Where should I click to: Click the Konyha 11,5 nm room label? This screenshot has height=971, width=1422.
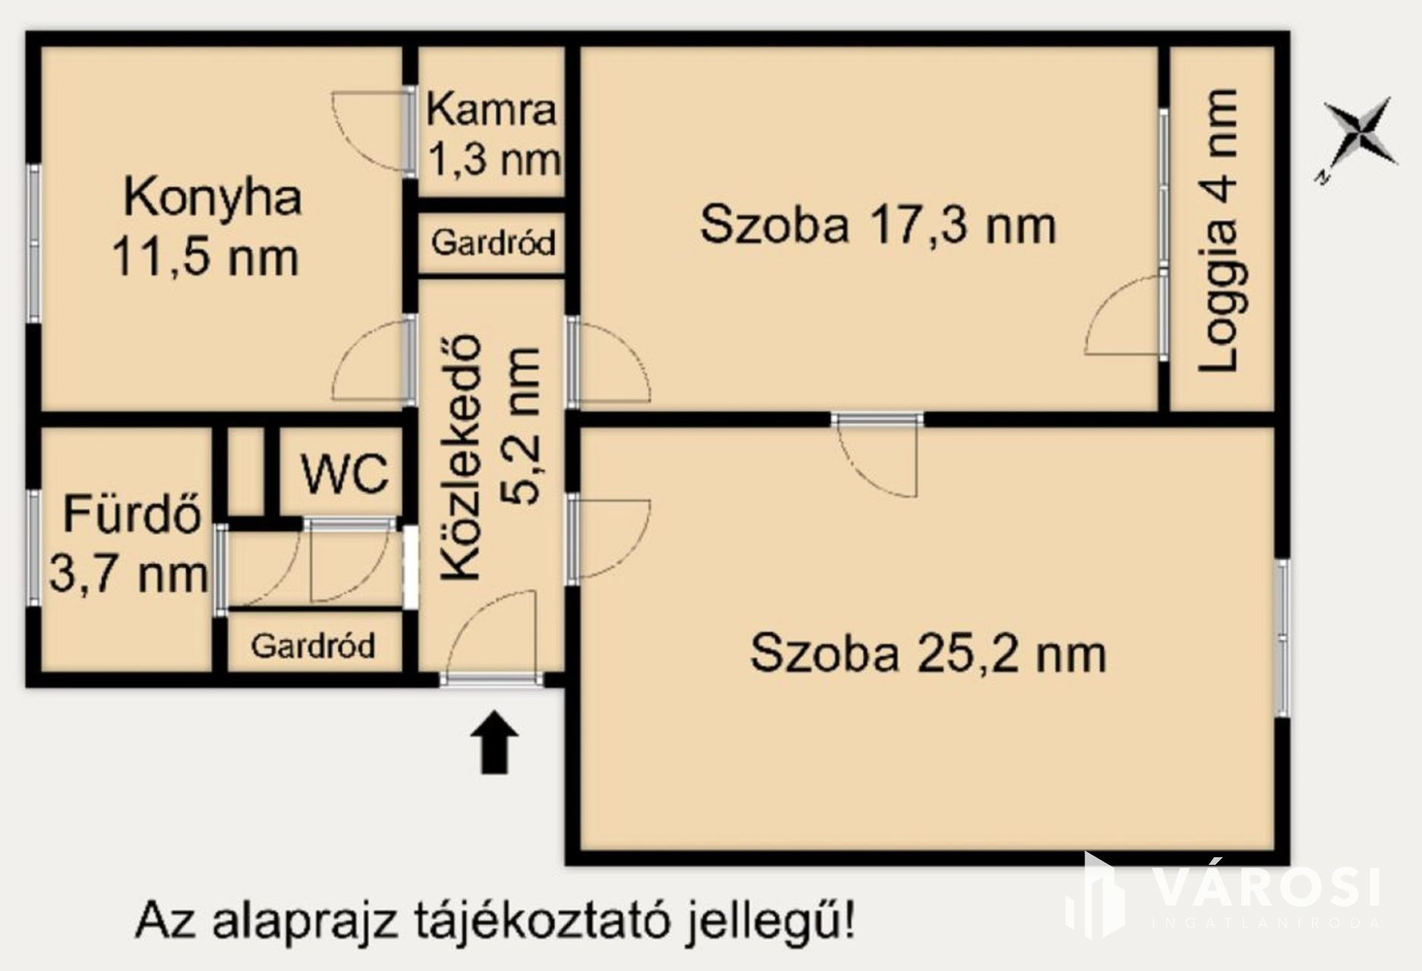coord(206,227)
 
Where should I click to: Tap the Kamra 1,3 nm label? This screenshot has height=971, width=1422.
coord(493,135)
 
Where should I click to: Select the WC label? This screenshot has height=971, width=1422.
coord(344,474)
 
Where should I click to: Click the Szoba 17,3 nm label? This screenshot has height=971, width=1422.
coord(878,225)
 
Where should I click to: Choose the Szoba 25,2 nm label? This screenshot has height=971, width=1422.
coord(928,653)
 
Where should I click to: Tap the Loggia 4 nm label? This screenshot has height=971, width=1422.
coord(1217,231)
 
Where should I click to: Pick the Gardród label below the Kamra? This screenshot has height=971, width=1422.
coord(493,243)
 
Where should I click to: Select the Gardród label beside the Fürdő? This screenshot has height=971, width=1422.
coord(313,646)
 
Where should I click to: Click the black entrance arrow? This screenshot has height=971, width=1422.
coord(495,742)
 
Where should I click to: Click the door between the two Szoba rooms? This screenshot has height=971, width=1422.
coord(877,455)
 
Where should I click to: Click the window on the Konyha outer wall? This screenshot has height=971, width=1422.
coord(33,244)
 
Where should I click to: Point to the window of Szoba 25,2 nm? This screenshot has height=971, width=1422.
coord(1282,638)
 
